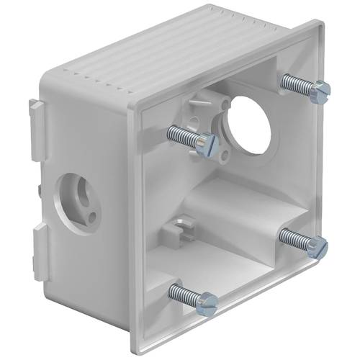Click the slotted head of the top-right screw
323,89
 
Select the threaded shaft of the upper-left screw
183,135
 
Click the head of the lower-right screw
318,247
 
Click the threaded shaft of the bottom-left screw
184,294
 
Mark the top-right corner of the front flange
317,26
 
